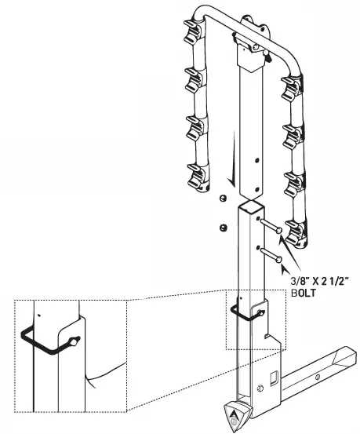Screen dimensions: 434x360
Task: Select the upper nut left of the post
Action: pos(223,199)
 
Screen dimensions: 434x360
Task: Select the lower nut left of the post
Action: pos(223,228)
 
